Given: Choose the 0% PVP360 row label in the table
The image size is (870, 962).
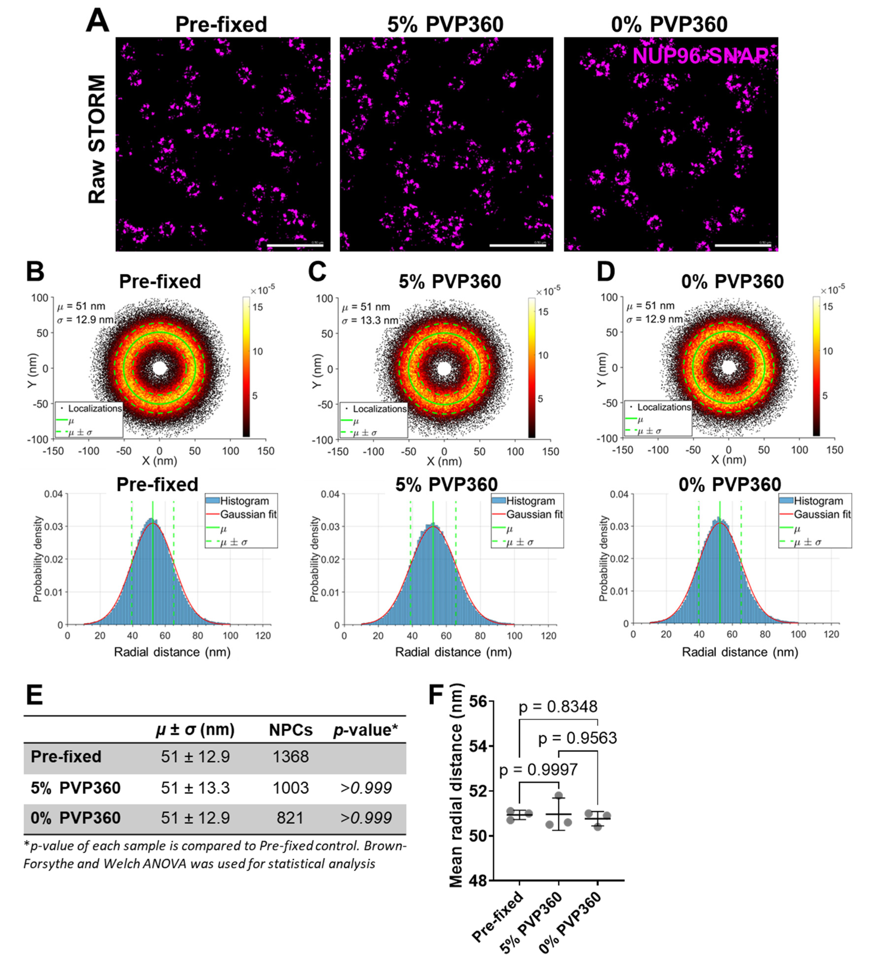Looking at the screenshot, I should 75,818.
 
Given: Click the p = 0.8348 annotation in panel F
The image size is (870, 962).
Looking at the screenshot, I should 558,707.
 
